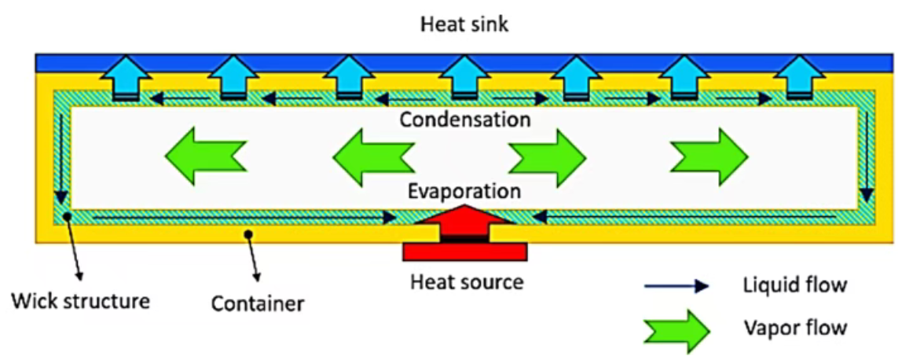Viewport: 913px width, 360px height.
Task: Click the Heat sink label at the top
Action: pos(464,24)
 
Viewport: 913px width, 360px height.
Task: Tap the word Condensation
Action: pos(464,120)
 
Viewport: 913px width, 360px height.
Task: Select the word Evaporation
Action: pos(464,191)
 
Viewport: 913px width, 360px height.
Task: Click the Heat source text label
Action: pos(467,281)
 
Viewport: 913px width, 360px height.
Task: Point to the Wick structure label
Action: pos(80,299)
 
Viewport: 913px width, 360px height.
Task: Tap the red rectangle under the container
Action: pos(464,251)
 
